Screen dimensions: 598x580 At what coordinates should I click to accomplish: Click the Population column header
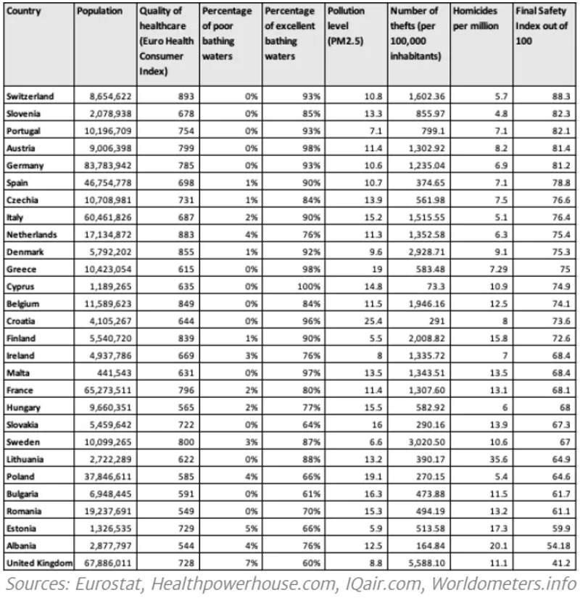(98, 12)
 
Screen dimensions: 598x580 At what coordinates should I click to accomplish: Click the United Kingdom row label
(39, 562)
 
